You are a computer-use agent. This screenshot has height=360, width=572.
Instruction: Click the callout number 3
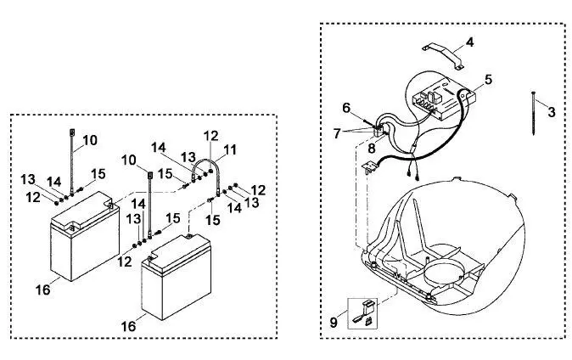(x=551, y=112)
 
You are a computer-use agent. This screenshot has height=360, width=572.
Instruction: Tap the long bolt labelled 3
(x=533, y=113)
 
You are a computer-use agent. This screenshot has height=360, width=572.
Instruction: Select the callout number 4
(x=470, y=42)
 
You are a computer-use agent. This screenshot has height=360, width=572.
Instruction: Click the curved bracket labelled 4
(x=443, y=55)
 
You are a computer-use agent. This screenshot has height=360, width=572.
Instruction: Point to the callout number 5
(x=488, y=80)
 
